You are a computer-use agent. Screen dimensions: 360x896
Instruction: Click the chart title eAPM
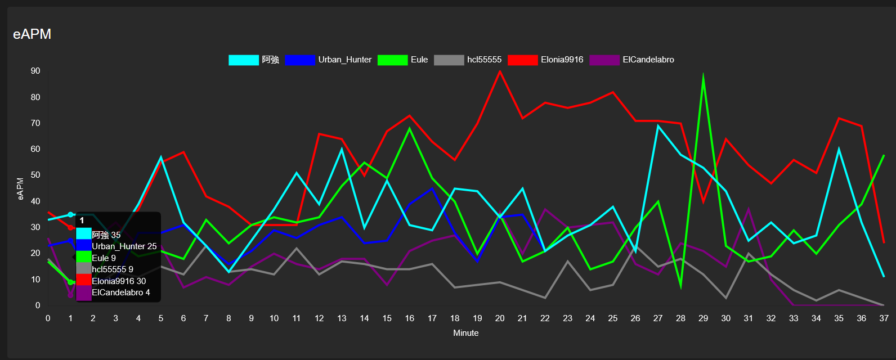[32, 34]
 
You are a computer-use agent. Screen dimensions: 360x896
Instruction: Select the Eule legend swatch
[392, 60]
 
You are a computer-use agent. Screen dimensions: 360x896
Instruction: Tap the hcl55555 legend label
[484, 60]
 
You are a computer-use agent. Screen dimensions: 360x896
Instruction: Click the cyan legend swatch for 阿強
[243, 60]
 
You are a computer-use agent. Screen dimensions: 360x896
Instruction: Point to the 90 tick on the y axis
[35, 71]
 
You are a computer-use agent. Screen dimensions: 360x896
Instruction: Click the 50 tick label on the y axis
[35, 175]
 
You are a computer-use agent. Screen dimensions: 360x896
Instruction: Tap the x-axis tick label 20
[500, 318]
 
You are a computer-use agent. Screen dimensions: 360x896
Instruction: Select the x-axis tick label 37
[884, 318]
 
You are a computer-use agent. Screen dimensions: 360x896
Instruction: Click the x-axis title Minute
[466, 333]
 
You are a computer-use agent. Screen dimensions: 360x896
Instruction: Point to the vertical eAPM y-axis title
[21, 188]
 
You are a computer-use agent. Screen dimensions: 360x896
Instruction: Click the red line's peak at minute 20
[500, 71]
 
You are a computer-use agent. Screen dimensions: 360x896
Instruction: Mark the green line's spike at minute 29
[703, 75]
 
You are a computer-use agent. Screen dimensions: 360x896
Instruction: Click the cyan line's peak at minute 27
[658, 125]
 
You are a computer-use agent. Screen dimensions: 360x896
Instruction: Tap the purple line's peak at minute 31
[749, 209]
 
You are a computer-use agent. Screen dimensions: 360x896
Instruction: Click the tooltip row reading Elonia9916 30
[119, 281]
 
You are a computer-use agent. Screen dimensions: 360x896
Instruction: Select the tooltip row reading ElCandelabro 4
[120, 292]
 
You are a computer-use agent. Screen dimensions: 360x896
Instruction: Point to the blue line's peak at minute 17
[432, 188]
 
